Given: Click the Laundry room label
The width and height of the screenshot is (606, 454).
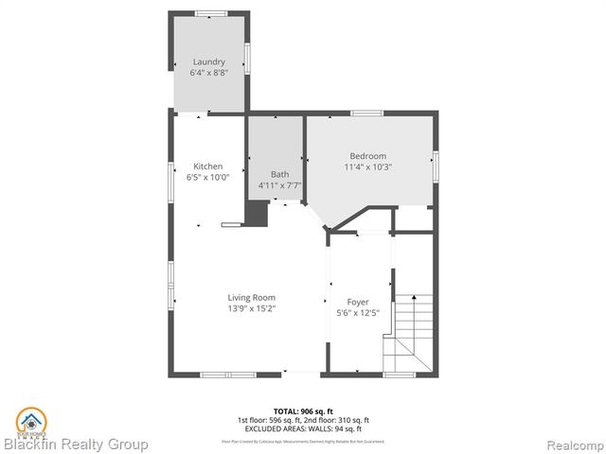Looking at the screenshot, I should (209, 62).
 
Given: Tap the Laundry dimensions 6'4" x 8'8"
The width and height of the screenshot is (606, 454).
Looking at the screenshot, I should (209, 73).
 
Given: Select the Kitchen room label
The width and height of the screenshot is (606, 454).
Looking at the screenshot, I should (208, 166).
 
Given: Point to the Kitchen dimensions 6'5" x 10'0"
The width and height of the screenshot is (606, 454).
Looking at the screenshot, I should (208, 177).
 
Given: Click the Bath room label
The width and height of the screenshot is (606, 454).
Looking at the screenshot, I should (280, 174).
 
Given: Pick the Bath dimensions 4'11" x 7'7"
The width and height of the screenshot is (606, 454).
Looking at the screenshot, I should (280, 185).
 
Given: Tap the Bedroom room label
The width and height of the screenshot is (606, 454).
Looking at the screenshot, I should (368, 156).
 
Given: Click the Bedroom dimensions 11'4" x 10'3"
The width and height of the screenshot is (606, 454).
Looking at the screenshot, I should (368, 166).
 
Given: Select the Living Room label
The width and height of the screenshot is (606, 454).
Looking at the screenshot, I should (251, 297).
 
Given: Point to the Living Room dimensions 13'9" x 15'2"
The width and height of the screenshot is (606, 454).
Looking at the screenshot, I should (251, 307).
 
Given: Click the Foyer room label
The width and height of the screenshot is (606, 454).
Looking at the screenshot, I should (358, 302).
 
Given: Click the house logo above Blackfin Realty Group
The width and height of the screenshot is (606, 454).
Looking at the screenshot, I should (30, 419).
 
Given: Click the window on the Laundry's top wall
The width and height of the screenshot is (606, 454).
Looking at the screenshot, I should (210, 12).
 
